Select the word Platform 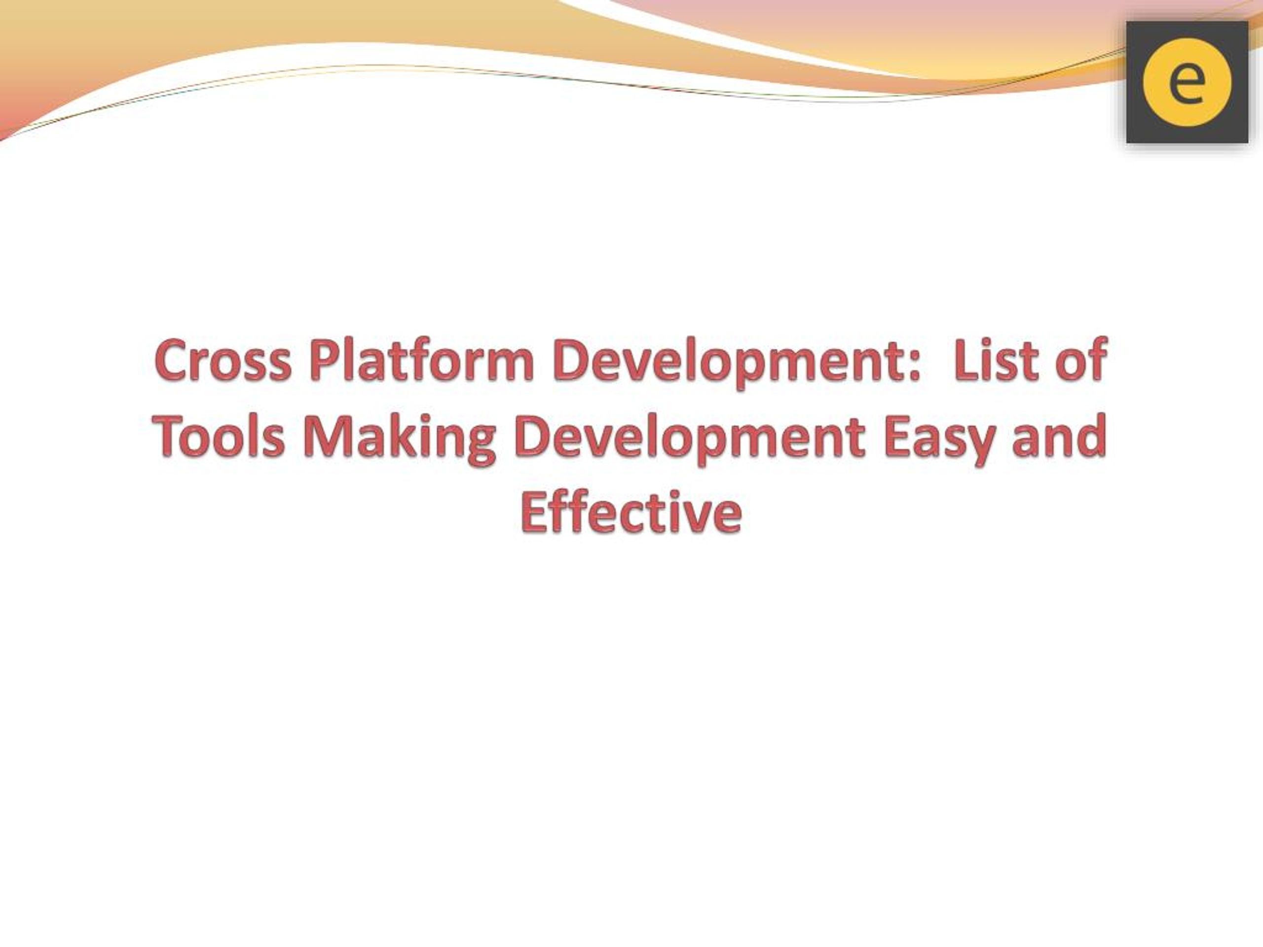coord(422,360)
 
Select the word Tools coord(218,437)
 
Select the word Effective coord(631,511)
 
